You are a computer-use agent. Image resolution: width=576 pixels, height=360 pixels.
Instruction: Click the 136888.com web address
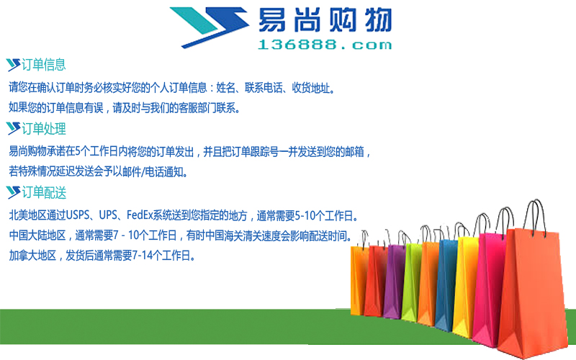[x=325, y=45]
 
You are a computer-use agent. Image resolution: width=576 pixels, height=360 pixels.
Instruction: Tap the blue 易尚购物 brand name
[x=325, y=20]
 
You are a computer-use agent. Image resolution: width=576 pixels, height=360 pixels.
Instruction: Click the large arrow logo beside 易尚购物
[x=210, y=27]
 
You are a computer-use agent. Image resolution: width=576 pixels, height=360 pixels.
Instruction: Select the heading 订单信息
[x=44, y=65]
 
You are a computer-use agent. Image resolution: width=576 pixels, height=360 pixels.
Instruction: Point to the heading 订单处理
[x=44, y=129]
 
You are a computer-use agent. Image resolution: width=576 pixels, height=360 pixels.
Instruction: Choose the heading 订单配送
[x=44, y=192]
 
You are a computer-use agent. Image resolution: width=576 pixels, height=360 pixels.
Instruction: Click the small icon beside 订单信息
[x=13, y=65]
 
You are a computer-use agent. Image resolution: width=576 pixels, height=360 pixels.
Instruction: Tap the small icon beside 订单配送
[x=13, y=192]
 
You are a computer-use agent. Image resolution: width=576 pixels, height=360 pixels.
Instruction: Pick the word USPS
[x=77, y=215]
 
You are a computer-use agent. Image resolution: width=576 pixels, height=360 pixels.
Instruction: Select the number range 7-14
[x=142, y=255]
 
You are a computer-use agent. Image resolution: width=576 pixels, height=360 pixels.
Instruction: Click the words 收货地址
[x=311, y=88]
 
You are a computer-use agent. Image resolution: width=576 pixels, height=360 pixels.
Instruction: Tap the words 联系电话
[x=264, y=88]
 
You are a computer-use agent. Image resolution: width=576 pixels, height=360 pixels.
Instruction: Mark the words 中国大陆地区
[x=37, y=235]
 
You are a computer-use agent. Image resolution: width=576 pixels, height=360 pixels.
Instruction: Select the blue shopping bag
[x=446, y=284]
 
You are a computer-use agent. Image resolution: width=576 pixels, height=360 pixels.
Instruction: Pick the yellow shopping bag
[x=465, y=287]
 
